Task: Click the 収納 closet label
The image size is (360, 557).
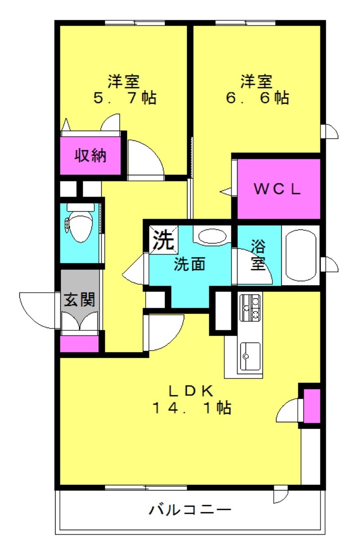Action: coord(90,156)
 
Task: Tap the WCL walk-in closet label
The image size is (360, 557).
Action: coord(278,189)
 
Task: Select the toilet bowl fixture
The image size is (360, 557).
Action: coord(79,224)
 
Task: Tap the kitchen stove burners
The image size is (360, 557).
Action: coord(250,307)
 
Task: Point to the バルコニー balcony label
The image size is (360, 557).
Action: coord(190,510)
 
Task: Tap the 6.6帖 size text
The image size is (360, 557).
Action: coord(257,98)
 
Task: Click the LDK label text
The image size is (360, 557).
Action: coord(191,390)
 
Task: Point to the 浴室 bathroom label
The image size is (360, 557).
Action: coord(257,254)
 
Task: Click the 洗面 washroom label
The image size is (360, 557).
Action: coord(190,264)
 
